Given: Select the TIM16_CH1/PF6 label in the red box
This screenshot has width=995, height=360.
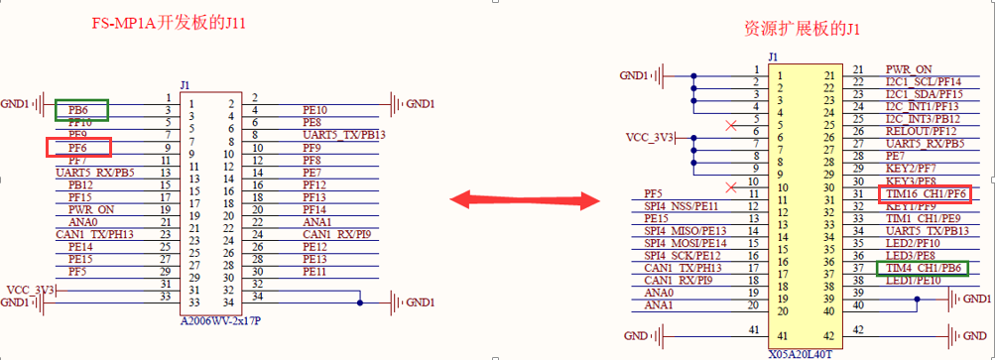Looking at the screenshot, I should (x=922, y=194).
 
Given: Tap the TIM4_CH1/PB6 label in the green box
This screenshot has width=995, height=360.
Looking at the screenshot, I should (x=923, y=269).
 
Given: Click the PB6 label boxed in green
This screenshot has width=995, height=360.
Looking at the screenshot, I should (x=78, y=110).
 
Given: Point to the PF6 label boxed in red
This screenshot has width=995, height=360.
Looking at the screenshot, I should (x=78, y=148).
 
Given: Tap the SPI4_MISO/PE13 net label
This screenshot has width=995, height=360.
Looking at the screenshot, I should (x=684, y=231).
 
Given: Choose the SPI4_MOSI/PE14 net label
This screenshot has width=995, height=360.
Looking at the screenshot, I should (x=685, y=243).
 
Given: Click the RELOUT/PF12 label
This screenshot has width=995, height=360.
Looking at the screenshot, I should (x=922, y=131).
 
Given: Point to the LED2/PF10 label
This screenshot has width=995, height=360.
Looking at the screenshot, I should (x=913, y=243).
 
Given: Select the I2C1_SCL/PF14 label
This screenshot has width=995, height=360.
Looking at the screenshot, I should (x=924, y=81).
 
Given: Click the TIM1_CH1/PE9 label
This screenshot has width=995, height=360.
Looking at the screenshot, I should (x=924, y=218).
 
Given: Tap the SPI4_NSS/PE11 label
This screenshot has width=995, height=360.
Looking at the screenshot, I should (x=682, y=206).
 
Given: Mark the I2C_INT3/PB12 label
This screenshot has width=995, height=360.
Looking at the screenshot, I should (x=924, y=118).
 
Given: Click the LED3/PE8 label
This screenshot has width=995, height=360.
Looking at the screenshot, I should (x=911, y=256).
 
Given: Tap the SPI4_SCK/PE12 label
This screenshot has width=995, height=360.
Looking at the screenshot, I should (x=683, y=256).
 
